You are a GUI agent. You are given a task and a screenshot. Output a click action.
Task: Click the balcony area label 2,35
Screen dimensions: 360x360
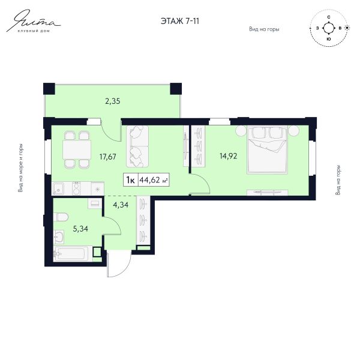point(113,101)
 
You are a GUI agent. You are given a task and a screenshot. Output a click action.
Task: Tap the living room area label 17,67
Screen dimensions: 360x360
point(107,157)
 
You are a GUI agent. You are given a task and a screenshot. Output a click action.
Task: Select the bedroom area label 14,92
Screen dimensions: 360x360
point(228,156)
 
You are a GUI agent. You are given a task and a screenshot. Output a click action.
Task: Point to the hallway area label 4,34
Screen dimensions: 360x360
point(121,205)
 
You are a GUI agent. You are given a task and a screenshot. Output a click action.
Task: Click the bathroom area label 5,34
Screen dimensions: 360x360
point(80,229)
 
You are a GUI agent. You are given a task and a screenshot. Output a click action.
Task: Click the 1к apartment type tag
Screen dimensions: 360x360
point(130,180)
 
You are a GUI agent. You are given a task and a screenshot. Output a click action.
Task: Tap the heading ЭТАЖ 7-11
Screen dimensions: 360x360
point(180,21)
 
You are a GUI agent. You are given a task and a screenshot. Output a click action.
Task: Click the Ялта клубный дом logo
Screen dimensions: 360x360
point(34,20)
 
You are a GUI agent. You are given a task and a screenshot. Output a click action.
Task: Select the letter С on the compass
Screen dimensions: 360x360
point(329,17)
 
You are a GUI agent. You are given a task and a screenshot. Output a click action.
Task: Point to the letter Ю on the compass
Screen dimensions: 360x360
point(329,39)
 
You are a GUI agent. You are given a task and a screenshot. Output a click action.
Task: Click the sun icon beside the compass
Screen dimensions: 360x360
point(347,28)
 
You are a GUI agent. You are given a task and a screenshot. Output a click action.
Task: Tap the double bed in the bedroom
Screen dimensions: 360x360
point(267,149)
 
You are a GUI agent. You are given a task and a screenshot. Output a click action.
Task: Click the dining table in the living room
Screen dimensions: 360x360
point(77,150)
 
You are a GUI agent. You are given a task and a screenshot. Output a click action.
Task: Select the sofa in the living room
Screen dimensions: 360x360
point(137,146)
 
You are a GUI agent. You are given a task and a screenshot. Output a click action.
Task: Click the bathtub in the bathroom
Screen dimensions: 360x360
point(73,254)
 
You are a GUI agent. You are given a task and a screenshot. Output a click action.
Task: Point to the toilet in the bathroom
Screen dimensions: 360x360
point(61,217)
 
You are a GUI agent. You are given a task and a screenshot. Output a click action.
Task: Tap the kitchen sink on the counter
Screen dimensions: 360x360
point(59,189)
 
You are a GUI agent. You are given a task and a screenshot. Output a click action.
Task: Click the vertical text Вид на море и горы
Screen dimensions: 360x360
point(20,168)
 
